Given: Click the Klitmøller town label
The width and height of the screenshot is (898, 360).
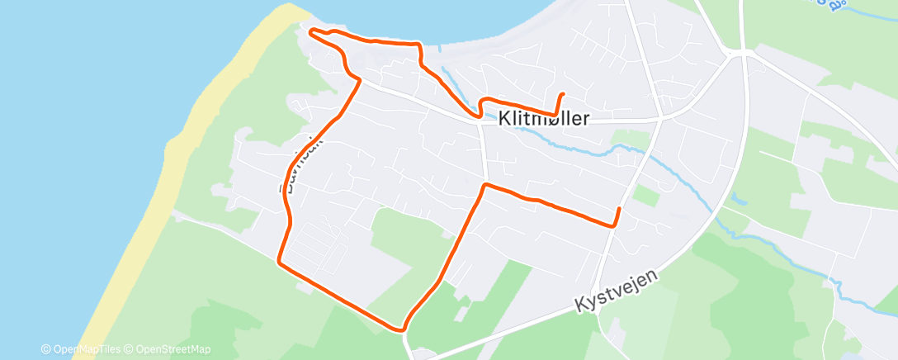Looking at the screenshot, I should (x=544, y=119).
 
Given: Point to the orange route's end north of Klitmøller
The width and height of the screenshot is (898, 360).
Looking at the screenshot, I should (x=562, y=95).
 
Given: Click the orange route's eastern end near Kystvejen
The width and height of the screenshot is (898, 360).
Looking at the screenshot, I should (x=619, y=208).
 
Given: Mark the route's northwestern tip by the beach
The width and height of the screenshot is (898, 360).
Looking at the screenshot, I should (x=311, y=31).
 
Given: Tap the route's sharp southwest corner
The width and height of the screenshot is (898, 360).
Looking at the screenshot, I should (x=280, y=262).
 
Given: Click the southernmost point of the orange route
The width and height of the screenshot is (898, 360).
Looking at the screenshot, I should (x=404, y=329).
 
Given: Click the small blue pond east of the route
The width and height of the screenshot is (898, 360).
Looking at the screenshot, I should (x=739, y=199).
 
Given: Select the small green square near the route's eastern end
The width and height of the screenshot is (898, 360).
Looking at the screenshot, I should (x=647, y=196).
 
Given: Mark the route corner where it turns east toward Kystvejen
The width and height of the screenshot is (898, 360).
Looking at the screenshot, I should (x=484, y=185).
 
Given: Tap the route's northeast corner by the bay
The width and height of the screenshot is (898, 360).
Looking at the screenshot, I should (x=418, y=45).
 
